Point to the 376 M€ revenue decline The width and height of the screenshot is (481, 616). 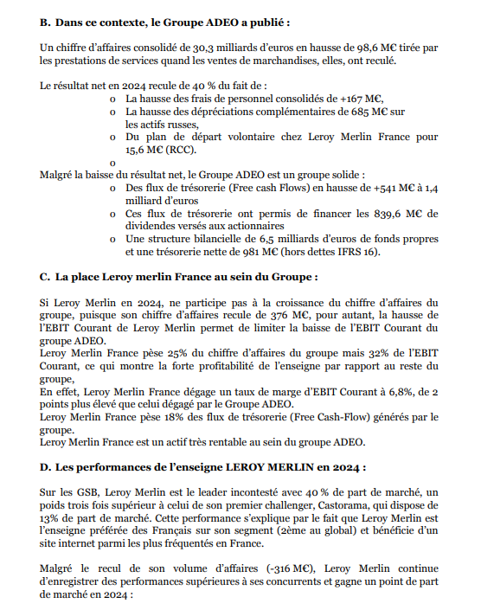pos(274,317)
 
